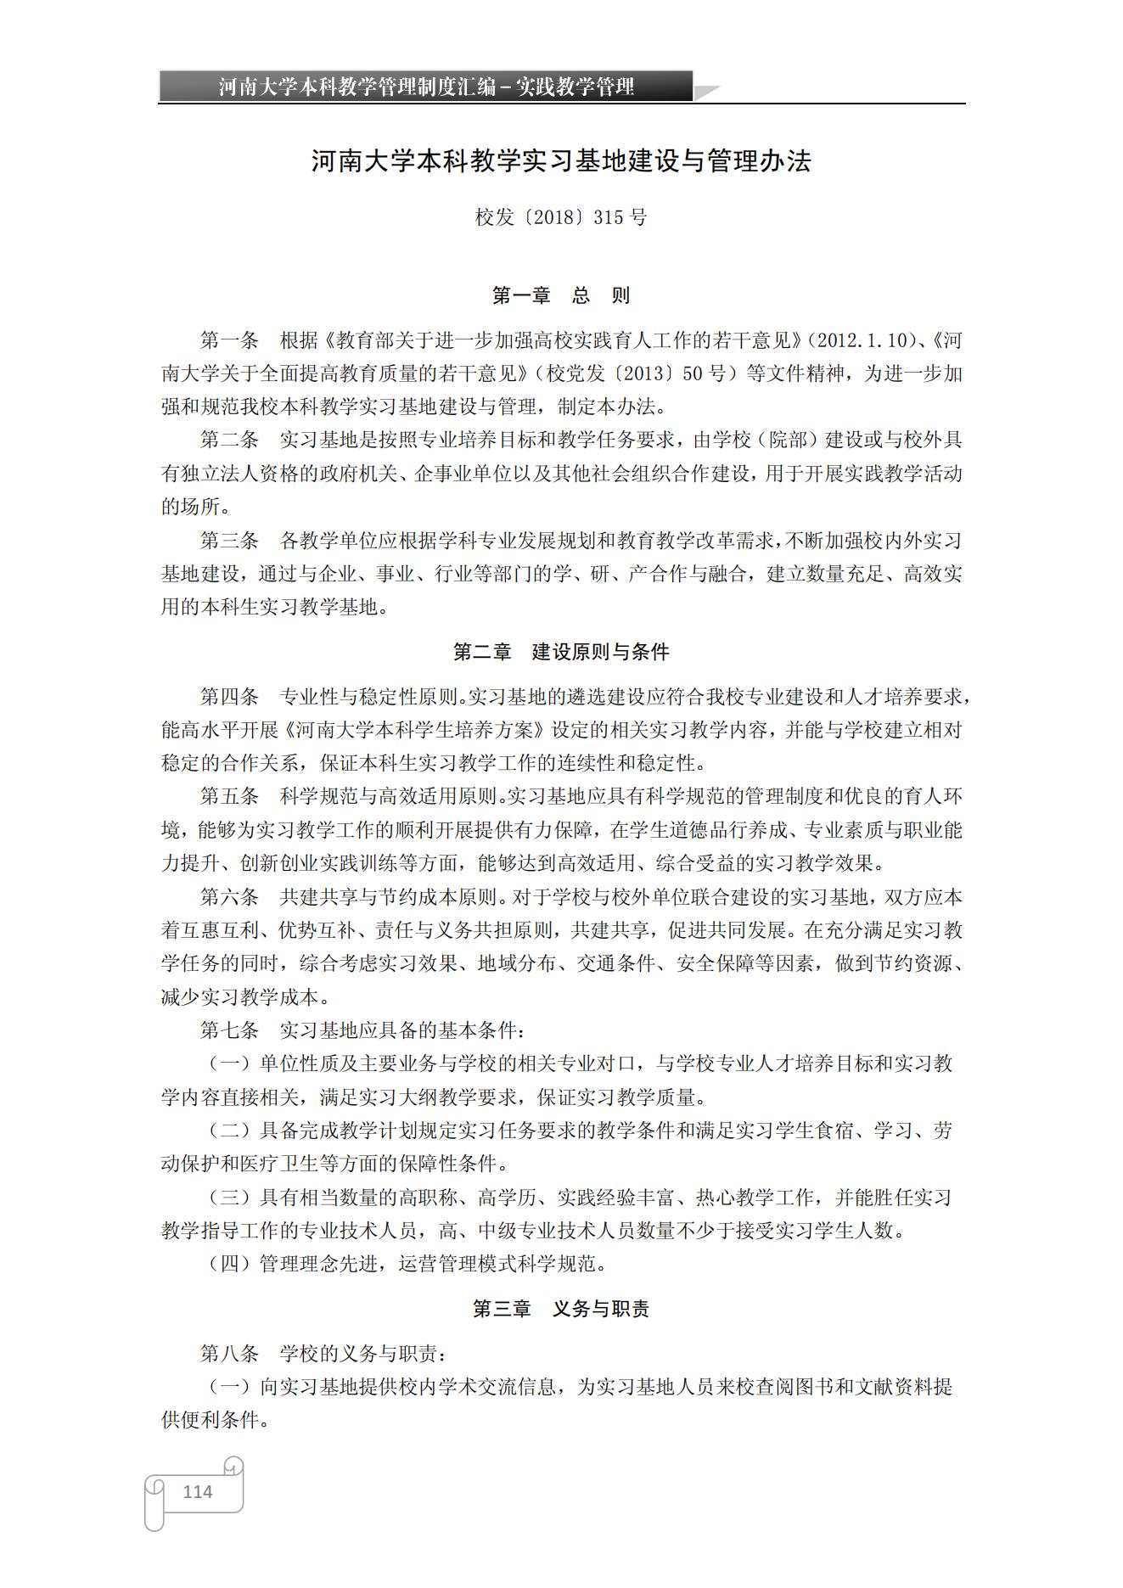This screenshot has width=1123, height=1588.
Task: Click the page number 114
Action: point(197,1491)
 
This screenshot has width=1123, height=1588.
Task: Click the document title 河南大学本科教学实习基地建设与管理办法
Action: point(561,161)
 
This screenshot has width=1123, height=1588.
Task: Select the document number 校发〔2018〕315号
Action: point(561,217)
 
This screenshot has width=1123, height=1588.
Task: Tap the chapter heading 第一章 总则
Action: point(561,295)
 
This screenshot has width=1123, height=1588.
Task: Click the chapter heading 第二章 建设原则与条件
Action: point(561,652)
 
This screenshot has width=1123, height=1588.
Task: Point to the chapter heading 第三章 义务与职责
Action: point(561,1309)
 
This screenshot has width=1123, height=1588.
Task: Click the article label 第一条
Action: point(229,341)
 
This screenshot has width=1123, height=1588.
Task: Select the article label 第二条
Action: point(229,440)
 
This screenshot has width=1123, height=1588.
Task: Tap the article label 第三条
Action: point(229,541)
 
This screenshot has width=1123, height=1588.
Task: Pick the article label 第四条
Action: point(229,698)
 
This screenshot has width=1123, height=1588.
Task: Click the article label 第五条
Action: point(229,797)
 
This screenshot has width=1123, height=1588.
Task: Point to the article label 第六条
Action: point(229,897)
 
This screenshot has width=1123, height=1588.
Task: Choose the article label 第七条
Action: point(229,1030)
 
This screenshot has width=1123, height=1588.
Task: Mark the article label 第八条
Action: point(229,1354)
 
